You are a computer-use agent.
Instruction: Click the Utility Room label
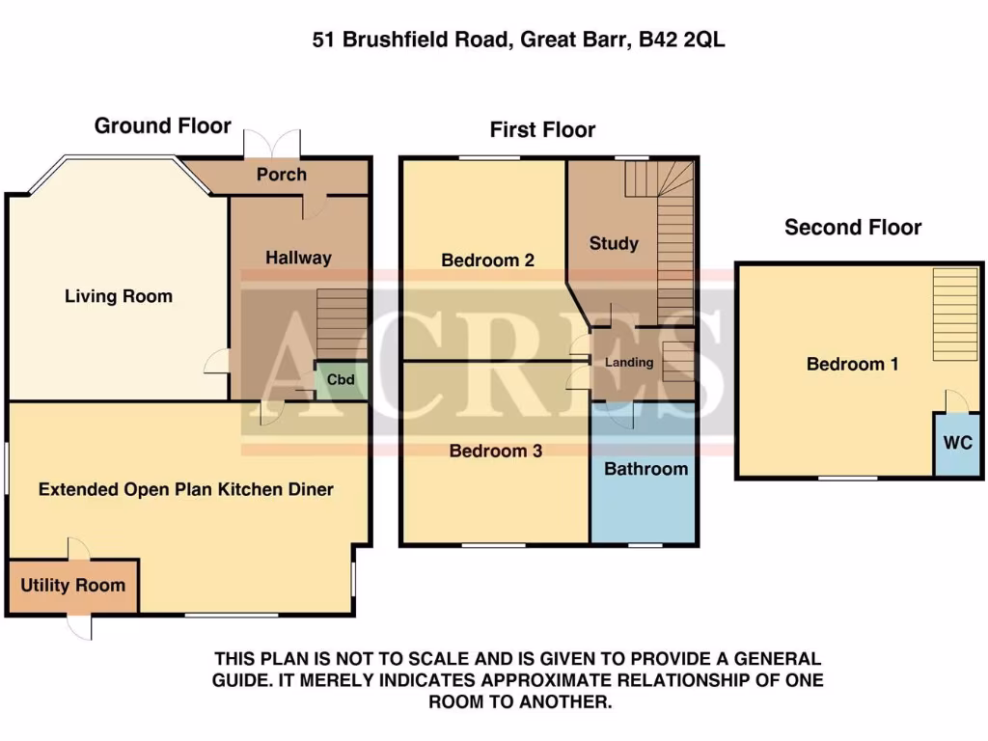(x=72, y=586)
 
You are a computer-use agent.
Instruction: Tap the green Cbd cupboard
(x=341, y=380)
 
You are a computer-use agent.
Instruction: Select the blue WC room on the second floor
(x=957, y=444)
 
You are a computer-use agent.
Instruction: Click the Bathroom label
(x=645, y=469)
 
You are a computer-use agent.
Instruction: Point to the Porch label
(x=282, y=175)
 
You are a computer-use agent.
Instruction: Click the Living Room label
(x=119, y=296)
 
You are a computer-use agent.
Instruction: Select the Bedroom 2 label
(x=487, y=261)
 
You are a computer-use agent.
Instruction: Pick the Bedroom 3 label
(x=496, y=451)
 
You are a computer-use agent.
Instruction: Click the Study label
(x=614, y=243)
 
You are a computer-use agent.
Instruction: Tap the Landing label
(x=629, y=363)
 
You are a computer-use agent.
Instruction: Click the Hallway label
(x=298, y=258)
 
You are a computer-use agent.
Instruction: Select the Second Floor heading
(x=852, y=228)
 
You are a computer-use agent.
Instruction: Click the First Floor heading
(x=542, y=129)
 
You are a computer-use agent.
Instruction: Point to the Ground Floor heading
(x=162, y=126)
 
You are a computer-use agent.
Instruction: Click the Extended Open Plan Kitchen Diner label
(x=186, y=489)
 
